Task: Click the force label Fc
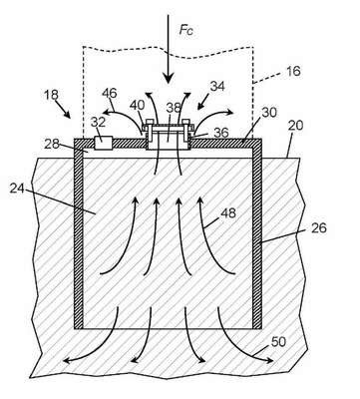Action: [186, 30]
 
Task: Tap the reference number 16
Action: [292, 71]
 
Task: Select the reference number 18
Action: [51, 95]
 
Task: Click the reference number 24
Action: [17, 189]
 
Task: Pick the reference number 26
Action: [319, 228]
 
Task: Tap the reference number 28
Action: [52, 144]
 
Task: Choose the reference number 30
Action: [269, 113]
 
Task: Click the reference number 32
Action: [98, 122]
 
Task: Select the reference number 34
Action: [217, 86]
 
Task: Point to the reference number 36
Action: [221, 133]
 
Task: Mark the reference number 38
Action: [174, 108]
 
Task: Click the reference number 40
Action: [137, 106]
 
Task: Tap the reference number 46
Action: [110, 93]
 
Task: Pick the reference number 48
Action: [228, 212]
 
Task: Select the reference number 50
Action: [278, 341]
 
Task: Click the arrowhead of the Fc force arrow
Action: [169, 79]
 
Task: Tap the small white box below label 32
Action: [103, 143]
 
